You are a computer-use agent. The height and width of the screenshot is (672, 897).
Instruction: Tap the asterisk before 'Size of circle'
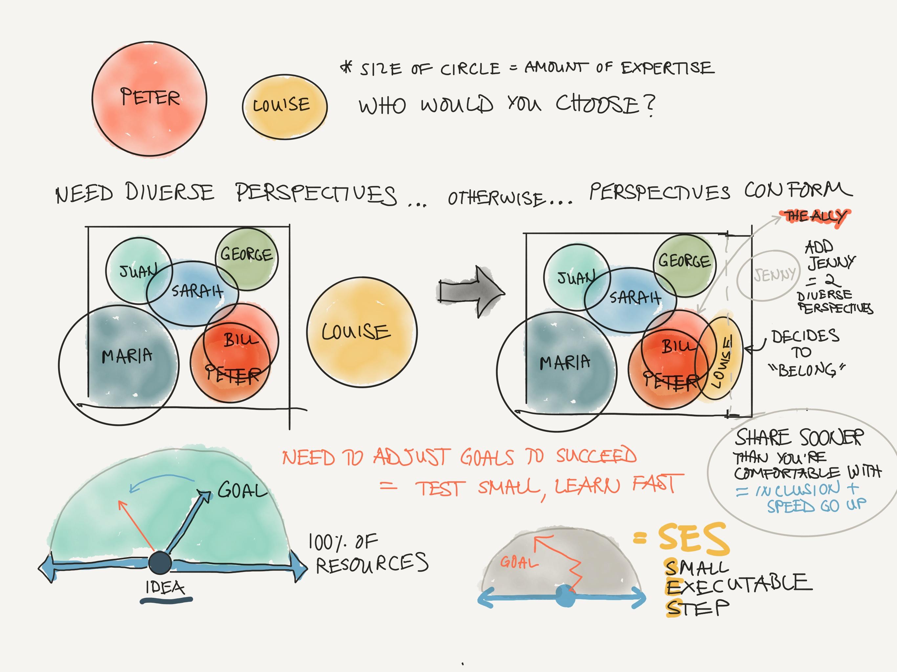pyautogui.click(x=347, y=67)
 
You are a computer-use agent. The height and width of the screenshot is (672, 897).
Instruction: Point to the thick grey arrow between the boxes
pyautogui.click(x=470, y=291)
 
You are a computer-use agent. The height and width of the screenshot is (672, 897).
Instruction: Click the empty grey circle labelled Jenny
pyautogui.click(x=768, y=275)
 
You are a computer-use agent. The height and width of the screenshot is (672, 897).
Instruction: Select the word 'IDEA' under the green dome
pyautogui.click(x=165, y=587)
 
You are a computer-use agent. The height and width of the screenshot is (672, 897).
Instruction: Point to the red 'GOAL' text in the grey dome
pyautogui.click(x=519, y=562)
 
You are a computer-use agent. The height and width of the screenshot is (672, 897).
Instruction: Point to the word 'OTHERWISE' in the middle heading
pyautogui.click(x=495, y=199)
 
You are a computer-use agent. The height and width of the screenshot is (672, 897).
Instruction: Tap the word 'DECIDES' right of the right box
pyautogui.click(x=805, y=336)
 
